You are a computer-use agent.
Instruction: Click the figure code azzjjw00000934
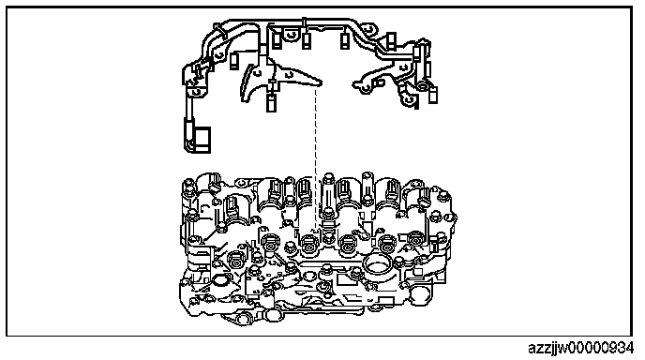click(x=580, y=349)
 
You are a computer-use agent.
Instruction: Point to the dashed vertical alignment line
click(x=316, y=158)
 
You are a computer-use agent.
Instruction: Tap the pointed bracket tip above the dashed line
click(x=320, y=82)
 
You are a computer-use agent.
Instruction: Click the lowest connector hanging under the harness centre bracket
click(x=270, y=103)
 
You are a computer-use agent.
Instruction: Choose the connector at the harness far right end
click(x=433, y=94)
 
